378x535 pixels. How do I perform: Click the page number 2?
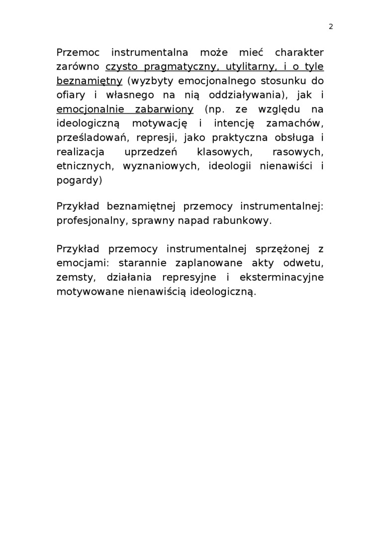point(331,27)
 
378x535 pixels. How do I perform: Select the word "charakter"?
point(298,52)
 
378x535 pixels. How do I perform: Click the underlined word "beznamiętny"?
point(90,81)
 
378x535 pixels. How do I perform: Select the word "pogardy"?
point(79,180)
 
